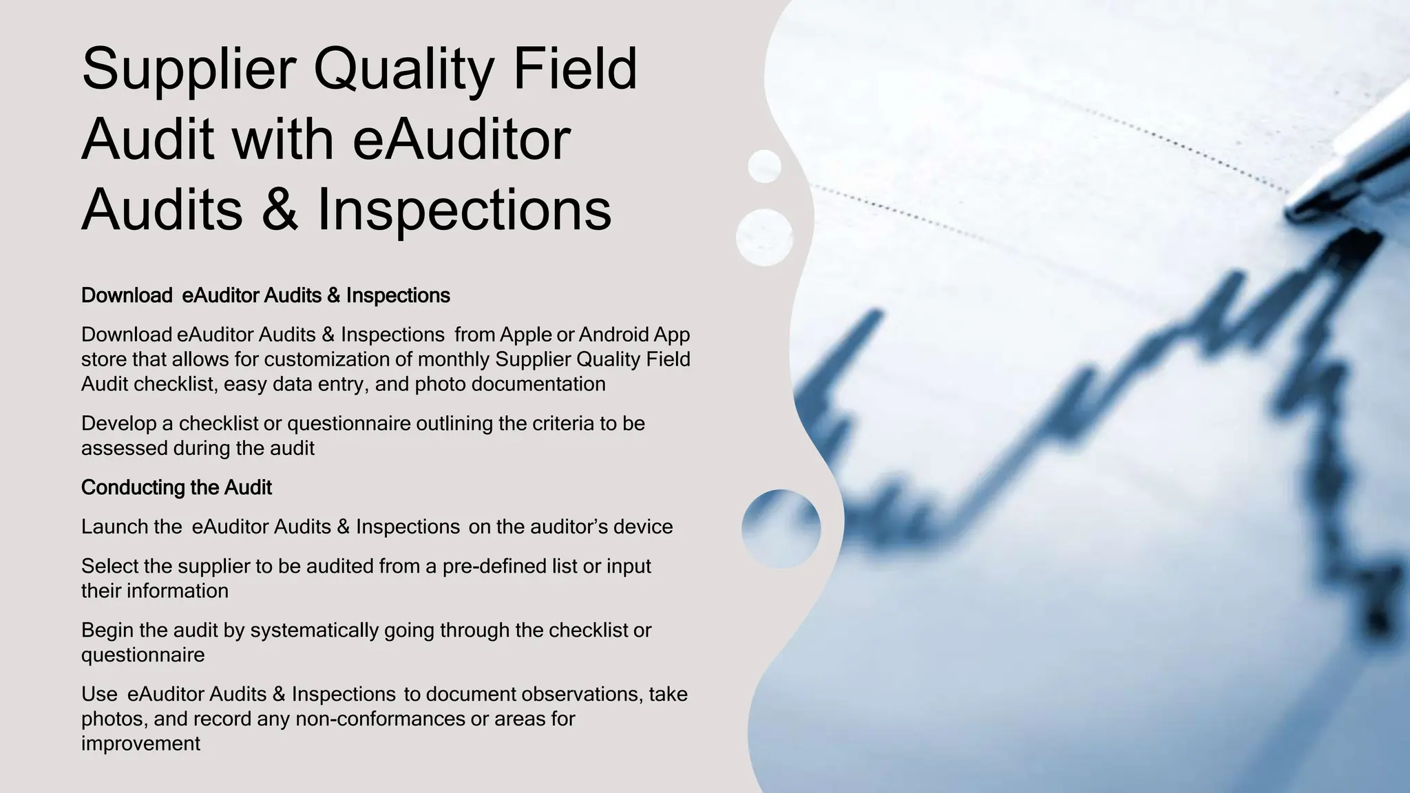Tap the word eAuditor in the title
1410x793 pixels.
(x=461, y=140)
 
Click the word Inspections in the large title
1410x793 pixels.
(x=464, y=210)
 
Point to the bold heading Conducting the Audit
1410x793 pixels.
(x=176, y=487)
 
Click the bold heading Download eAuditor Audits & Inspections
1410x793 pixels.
(x=265, y=295)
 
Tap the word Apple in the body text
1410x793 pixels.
(x=525, y=335)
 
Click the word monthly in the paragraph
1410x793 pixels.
(x=453, y=359)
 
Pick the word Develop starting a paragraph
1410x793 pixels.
(x=118, y=423)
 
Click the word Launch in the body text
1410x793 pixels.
(x=112, y=527)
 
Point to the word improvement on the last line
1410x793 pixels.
(x=140, y=743)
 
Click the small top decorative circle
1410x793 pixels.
(x=764, y=167)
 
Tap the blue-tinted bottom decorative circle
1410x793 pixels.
(x=781, y=529)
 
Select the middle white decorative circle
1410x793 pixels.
(x=764, y=237)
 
